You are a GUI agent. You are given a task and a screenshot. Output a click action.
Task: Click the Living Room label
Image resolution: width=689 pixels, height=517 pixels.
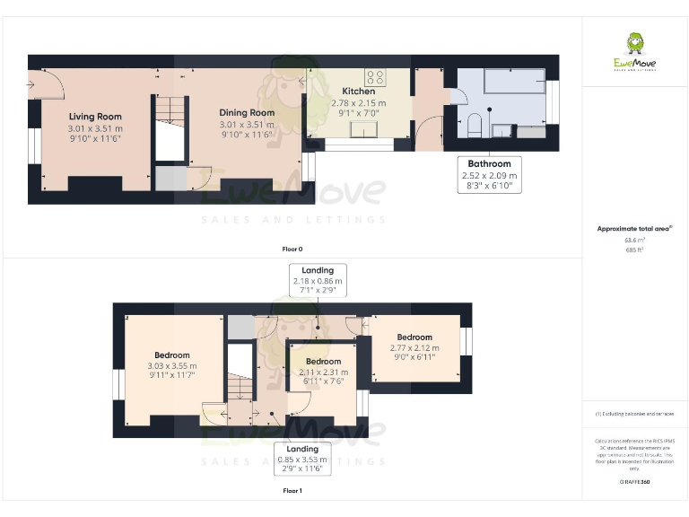click(x=95, y=117)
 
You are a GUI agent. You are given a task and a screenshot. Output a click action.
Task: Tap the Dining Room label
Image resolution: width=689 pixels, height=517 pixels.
click(x=247, y=113)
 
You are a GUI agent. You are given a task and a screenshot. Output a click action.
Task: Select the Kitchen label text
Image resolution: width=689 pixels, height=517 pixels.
click(x=358, y=92)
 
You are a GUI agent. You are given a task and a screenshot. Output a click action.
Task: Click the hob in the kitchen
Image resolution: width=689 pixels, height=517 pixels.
click(x=375, y=76)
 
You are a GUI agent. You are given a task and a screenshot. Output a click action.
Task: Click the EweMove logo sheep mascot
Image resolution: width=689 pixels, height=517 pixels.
click(x=634, y=44)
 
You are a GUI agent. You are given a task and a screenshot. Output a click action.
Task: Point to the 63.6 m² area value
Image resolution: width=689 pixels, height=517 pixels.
click(x=634, y=241)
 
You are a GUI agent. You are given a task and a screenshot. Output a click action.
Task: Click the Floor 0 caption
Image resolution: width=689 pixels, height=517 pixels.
click(x=292, y=249)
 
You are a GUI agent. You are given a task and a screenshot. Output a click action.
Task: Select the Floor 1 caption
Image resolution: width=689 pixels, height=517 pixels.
click(x=292, y=491)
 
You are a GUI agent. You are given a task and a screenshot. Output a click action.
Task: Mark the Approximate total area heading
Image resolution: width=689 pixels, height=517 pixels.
click(x=634, y=229)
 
